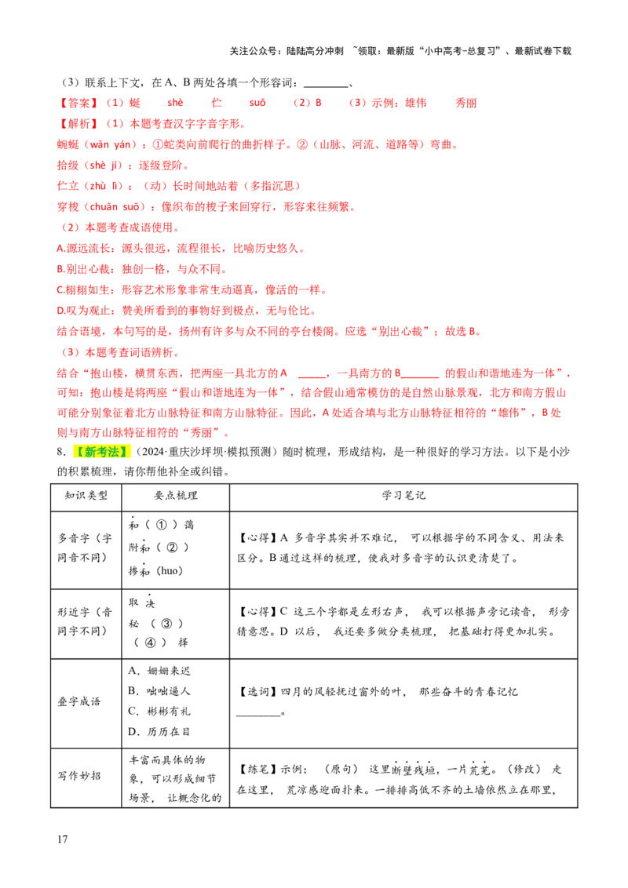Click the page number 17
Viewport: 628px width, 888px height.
62,839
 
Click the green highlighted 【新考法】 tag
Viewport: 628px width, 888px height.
102,452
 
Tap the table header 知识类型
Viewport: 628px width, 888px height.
86,496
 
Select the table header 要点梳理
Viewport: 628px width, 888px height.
176,496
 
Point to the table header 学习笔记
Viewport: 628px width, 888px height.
403,496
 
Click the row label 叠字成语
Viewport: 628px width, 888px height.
79,701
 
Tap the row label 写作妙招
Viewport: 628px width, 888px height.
79,776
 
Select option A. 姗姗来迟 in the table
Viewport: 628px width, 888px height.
159,671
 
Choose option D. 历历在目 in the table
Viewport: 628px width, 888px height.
159,732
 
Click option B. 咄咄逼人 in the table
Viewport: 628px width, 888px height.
159,691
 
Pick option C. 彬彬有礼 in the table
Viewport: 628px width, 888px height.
159,711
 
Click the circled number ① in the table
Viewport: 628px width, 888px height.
162,525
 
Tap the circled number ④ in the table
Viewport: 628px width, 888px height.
150,642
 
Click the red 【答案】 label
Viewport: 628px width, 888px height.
78,103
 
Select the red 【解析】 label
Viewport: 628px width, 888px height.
78,123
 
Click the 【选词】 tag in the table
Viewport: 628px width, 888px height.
258,691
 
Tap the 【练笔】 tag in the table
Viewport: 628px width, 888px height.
258,769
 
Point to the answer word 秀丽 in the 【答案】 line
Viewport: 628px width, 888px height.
466,103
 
